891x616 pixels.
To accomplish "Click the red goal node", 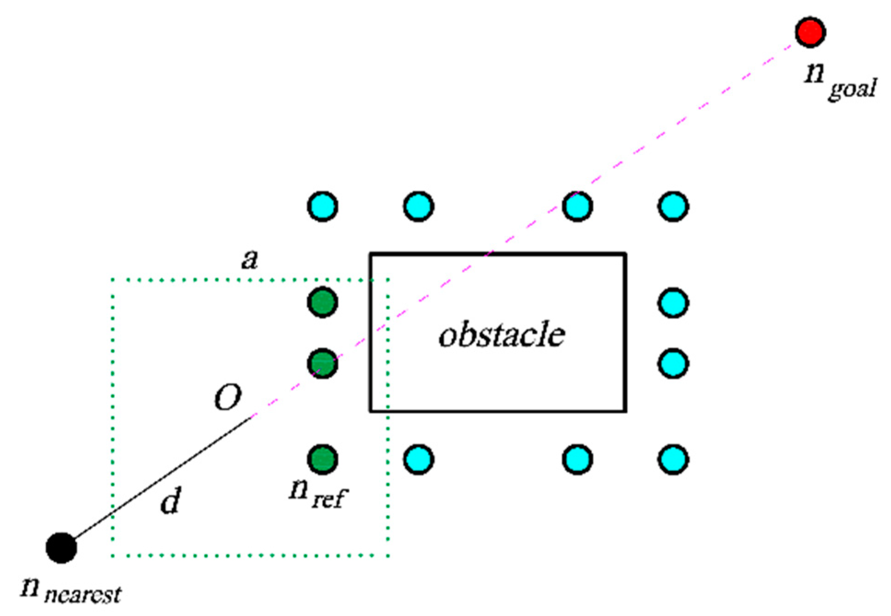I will pyautogui.click(x=810, y=32).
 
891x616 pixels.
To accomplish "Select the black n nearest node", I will pyautogui.click(x=61, y=548).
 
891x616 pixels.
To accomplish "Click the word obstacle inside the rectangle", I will pyautogui.click(x=501, y=335).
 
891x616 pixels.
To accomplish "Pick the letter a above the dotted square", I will pyautogui.click(x=250, y=260).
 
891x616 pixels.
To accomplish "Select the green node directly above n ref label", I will pyautogui.click(x=322, y=459).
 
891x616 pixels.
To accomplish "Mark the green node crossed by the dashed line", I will pyautogui.click(x=322, y=364).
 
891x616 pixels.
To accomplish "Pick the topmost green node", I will pyautogui.click(x=322, y=302).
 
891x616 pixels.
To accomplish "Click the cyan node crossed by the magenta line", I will pyautogui.click(x=577, y=206).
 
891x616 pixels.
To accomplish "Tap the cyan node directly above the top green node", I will pyautogui.click(x=322, y=206).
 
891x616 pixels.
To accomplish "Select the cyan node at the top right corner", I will pyautogui.click(x=673, y=206).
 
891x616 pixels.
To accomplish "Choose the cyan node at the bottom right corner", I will pyautogui.click(x=673, y=459).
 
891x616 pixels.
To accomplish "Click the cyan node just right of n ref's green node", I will pyautogui.click(x=418, y=459).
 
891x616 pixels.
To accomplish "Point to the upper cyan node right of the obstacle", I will pyautogui.click(x=673, y=302).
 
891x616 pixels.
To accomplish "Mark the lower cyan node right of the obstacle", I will pyautogui.click(x=673, y=364).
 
